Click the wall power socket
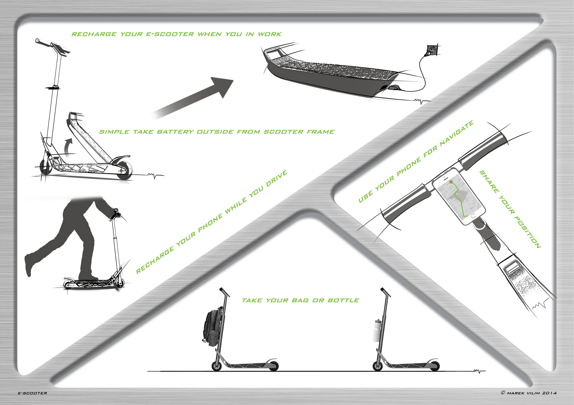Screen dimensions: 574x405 [x=433, y=50]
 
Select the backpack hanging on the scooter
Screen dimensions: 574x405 [x=213, y=327]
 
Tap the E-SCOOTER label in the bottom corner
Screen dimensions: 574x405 [x=32, y=393]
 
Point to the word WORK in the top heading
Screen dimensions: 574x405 [x=270, y=34]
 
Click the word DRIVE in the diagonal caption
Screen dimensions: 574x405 [x=277, y=178]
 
